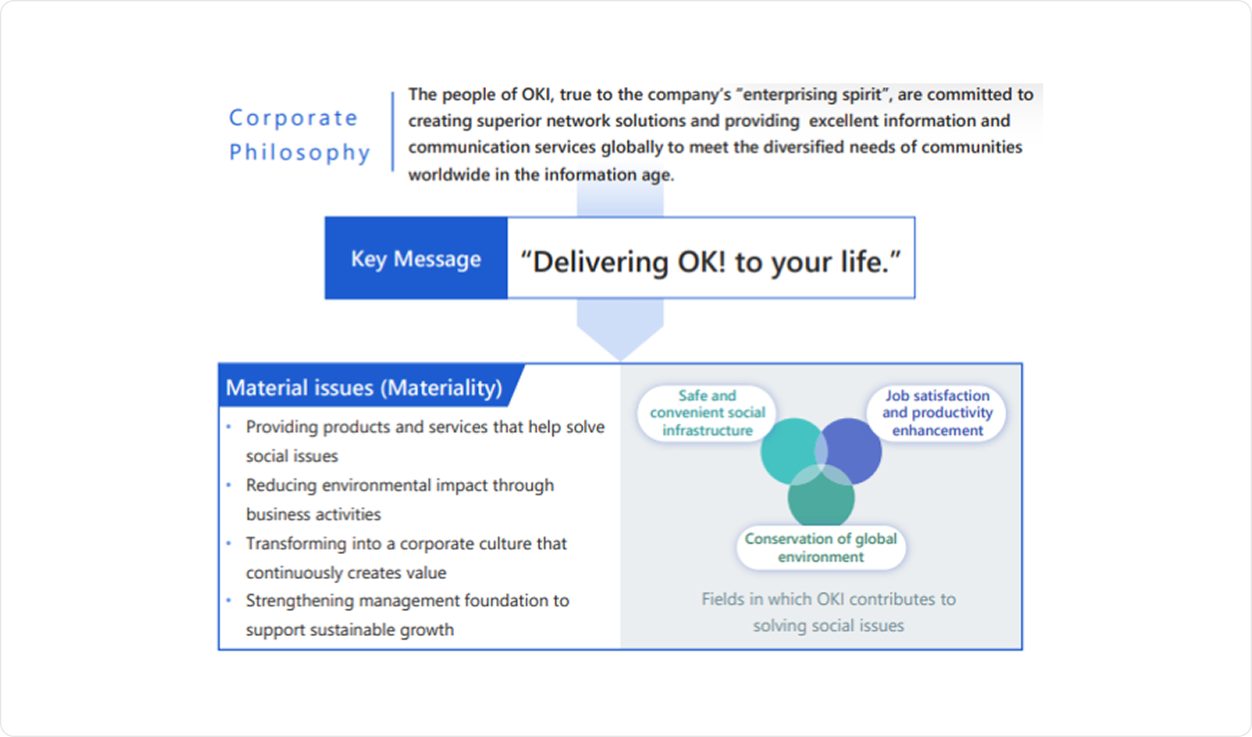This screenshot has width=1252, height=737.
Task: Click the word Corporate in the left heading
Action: [293, 118]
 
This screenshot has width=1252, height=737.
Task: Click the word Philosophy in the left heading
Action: [299, 152]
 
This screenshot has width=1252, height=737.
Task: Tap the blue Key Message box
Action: [416, 259]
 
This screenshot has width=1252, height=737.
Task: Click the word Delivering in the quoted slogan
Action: [600, 263]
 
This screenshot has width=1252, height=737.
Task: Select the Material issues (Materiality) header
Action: [364, 387]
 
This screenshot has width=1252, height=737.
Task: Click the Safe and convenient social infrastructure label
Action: [707, 413]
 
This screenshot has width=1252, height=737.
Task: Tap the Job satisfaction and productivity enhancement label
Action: [937, 413]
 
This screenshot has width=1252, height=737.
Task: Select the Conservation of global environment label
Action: [821, 548]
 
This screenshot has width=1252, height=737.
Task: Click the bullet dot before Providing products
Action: [229, 426]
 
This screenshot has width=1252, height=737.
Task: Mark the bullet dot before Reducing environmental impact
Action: [229, 485]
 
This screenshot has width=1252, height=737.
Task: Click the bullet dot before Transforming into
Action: [229, 543]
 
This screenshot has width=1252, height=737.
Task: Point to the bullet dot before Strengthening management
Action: [229, 600]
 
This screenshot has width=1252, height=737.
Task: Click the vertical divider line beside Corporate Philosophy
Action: [392, 132]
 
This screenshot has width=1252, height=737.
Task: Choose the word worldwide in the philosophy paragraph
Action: [449, 175]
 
